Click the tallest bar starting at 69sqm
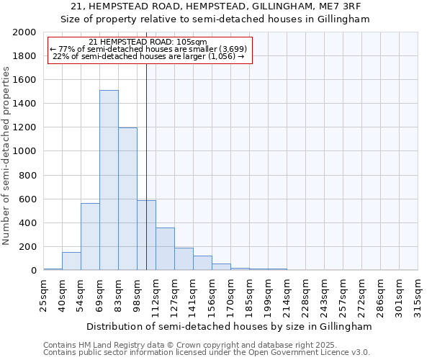point(109,180)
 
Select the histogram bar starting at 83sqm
point(127,199)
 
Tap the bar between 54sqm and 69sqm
point(90,236)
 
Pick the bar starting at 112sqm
point(165,249)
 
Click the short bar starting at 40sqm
point(71,261)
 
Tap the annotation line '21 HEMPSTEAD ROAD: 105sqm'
point(148,42)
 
